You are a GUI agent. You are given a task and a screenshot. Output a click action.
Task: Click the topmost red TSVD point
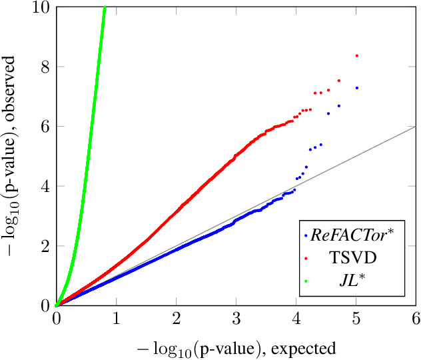click(357, 55)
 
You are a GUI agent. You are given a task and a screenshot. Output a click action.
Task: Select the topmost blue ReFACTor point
click(357, 88)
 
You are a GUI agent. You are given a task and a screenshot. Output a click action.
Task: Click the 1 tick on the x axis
click(117, 319)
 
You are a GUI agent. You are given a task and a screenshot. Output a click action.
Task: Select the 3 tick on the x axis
click(236, 319)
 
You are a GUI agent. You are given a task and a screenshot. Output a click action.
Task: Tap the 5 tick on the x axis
click(356, 319)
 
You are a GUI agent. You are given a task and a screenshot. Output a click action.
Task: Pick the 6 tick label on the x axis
click(415, 319)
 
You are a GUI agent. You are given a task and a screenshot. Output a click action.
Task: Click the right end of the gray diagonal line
click(415, 126)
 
